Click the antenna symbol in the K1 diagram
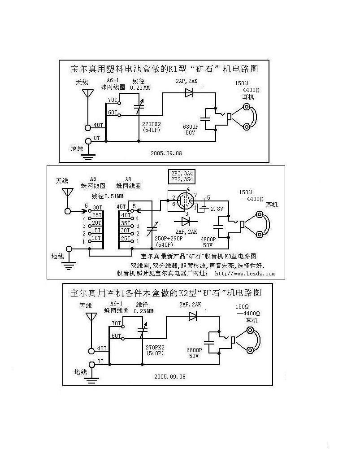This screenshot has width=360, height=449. click(87, 95)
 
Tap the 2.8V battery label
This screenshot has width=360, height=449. click(217, 209)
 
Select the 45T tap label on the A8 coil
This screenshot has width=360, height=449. click(121, 207)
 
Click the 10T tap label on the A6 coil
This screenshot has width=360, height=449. click(96, 237)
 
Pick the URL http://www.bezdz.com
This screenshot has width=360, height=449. click(245, 273)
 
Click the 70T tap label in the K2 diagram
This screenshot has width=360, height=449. click(116, 323)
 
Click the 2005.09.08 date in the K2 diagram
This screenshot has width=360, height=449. click(169, 377)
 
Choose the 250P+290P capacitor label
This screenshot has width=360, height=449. click(168, 239)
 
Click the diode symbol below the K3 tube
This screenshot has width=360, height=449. click(184, 221)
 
